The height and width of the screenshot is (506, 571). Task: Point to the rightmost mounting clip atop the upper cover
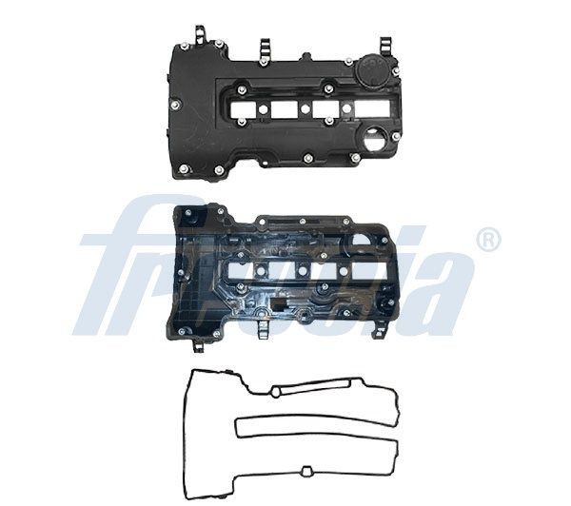pos(384,46)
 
